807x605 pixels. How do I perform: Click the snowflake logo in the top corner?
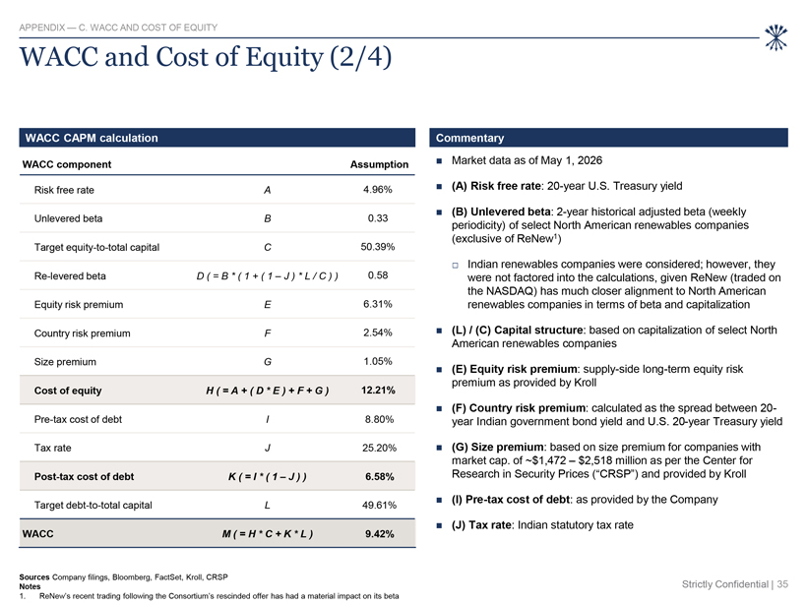coord(776,37)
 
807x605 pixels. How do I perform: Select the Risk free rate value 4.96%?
coord(377,189)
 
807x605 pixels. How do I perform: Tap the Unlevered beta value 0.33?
coord(378,218)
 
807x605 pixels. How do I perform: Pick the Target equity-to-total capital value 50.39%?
coord(378,247)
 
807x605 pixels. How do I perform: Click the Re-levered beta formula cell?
coord(267,275)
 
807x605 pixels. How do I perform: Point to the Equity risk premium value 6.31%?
coord(377,304)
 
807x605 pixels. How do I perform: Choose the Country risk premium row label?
coord(83,333)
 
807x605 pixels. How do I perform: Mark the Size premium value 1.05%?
coord(378,362)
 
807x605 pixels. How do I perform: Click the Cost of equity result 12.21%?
coord(378,391)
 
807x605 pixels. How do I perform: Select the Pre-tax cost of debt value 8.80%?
coord(379,419)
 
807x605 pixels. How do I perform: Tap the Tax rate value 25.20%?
coord(379,448)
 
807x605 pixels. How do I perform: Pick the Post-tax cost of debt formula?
coord(267,477)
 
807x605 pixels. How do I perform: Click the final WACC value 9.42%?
coord(380,534)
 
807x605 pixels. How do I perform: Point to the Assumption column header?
coord(379,164)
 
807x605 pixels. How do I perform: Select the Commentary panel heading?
coord(469,138)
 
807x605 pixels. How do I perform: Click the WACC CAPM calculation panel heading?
coord(92,138)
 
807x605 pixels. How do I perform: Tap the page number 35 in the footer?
coord(782,584)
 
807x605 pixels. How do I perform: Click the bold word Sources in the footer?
coord(34,577)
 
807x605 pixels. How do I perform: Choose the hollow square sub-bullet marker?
coord(455,266)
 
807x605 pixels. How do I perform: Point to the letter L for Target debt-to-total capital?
coord(267,506)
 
